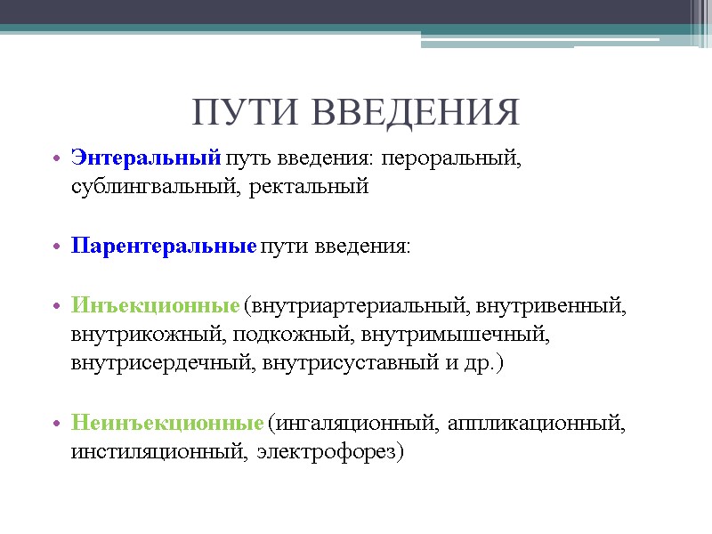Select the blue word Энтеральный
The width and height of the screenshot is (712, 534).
[145, 159]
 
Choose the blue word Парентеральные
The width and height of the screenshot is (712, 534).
[164, 246]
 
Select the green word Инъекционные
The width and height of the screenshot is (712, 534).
[156, 307]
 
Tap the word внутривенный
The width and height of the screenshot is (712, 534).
[552, 307]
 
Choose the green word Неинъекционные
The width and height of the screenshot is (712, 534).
[167, 423]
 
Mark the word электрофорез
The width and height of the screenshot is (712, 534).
[328, 451]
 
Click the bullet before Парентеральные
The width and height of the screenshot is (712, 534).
[55, 247]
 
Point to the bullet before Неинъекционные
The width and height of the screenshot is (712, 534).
[55, 424]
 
